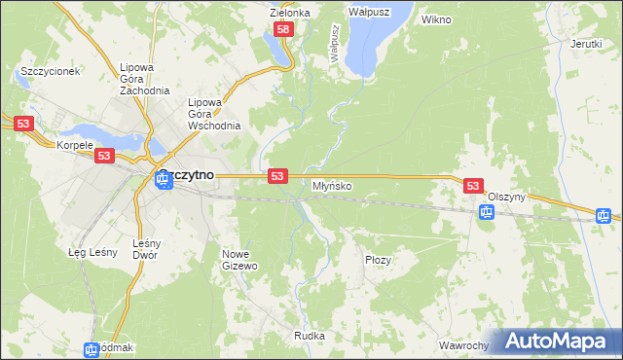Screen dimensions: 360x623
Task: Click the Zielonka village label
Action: point(289,13)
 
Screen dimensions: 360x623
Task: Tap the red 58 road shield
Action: point(283,30)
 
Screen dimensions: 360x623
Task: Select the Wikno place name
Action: point(436,18)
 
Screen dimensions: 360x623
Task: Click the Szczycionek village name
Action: point(50,71)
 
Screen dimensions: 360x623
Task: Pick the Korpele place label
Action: point(74,145)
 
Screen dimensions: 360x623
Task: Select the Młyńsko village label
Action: point(332,185)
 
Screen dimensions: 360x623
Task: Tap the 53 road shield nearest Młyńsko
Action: point(277,175)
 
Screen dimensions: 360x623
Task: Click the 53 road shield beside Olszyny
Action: point(473,185)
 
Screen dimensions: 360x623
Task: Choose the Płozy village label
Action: point(378,260)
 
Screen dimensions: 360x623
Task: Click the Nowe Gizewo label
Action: point(239,259)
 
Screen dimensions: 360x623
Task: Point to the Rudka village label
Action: point(309,336)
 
